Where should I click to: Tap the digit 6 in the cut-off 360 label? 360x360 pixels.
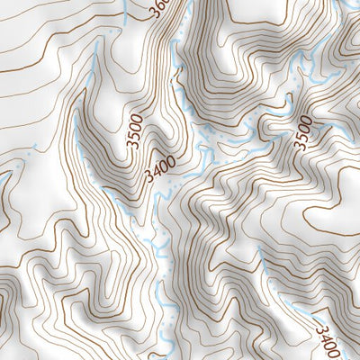click(x=160, y=6)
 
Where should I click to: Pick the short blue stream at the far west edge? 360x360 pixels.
click(x=4, y=180)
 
